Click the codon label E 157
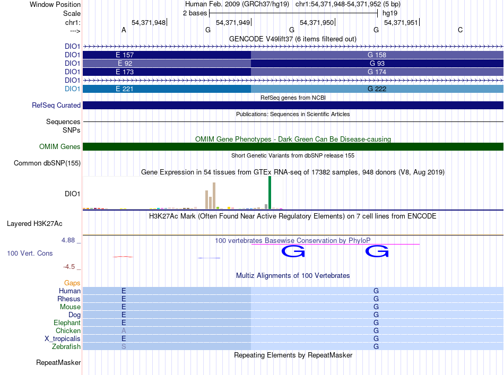(124, 55)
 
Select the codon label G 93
(377, 63)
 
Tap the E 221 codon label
(124, 89)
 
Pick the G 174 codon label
(377, 72)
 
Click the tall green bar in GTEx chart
(270, 193)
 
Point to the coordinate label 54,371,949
(233, 22)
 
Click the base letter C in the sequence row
(460, 30)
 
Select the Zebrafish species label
(66, 347)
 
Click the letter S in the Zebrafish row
(124, 347)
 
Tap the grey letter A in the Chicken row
(124, 330)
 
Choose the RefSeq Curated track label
(56, 106)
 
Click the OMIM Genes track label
(60, 147)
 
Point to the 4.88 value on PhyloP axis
(68, 240)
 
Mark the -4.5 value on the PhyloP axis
(69, 267)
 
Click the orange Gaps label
(72, 283)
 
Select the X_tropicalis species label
(63, 339)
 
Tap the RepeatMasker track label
(58, 362)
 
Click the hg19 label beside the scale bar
(390, 13)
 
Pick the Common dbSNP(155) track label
(47, 163)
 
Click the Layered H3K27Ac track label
(34, 224)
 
